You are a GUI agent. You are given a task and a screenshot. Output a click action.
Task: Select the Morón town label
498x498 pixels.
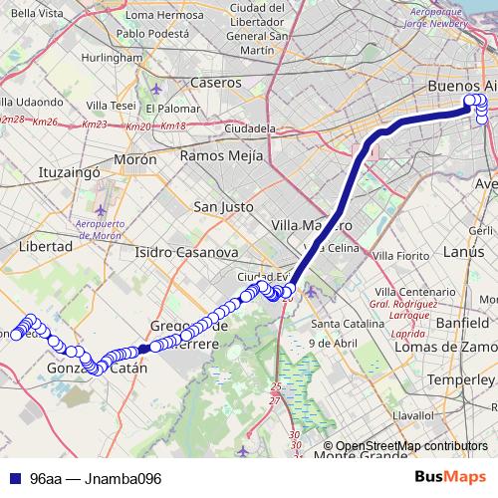pos(135,159)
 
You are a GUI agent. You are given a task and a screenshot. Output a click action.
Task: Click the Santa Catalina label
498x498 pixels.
pos(348,324)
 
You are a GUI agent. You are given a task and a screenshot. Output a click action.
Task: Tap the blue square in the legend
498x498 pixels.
pos(14,478)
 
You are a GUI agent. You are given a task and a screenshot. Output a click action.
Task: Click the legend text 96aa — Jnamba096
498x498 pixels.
pos(96,478)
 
